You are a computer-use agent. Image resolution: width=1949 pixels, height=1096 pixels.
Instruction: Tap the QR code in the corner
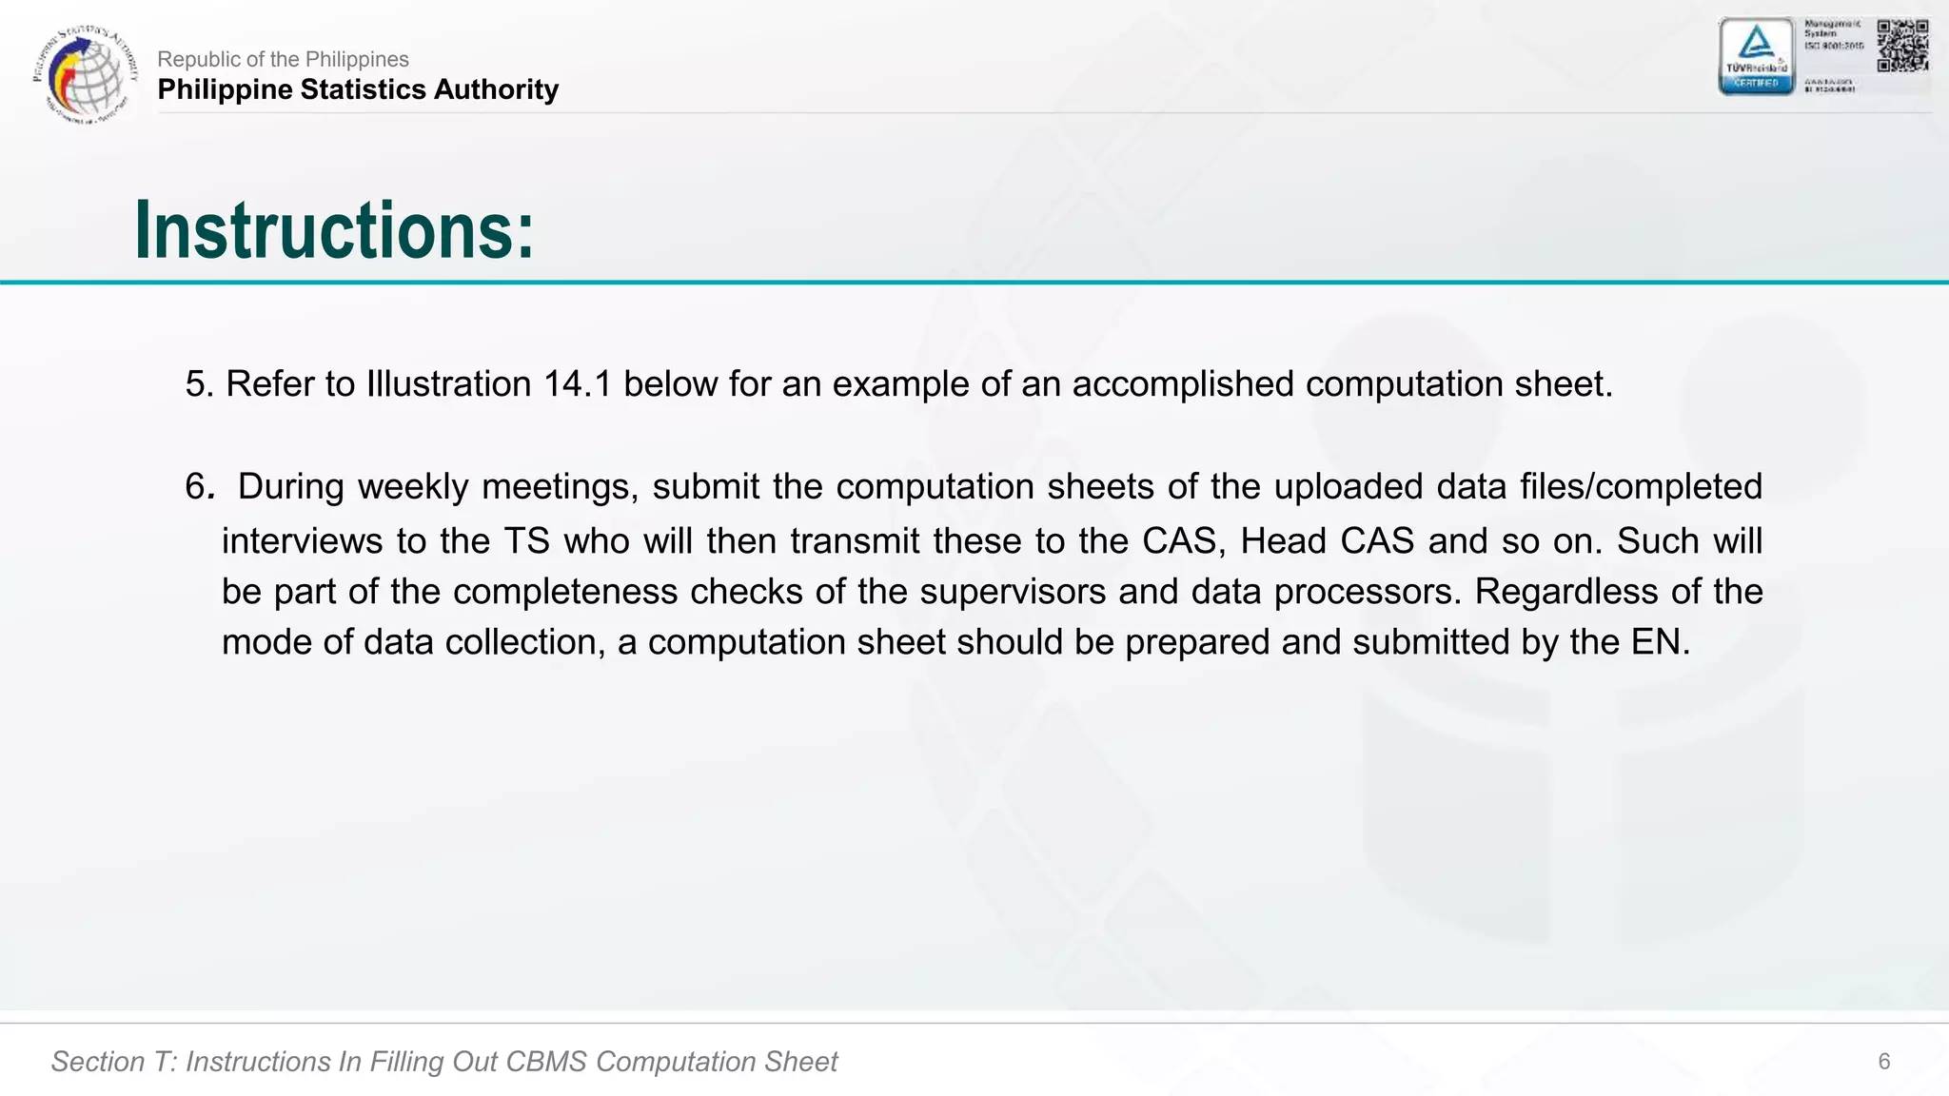(x=1902, y=45)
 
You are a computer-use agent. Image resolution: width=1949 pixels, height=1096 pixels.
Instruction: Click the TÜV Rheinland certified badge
(x=1756, y=56)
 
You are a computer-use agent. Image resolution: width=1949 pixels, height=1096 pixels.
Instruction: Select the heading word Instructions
(x=334, y=230)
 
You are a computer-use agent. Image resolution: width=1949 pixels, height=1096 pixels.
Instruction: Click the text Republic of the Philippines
(x=283, y=59)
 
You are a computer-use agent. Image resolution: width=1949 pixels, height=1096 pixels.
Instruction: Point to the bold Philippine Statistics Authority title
(x=358, y=89)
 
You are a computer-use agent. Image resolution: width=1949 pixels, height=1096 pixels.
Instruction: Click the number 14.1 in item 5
(x=578, y=384)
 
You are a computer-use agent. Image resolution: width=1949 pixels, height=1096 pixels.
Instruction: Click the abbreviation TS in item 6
(x=526, y=541)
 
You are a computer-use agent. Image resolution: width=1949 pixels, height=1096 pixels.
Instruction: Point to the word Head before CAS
(x=1285, y=541)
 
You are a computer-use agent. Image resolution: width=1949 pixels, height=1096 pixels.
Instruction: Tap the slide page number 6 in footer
(x=1883, y=1062)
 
